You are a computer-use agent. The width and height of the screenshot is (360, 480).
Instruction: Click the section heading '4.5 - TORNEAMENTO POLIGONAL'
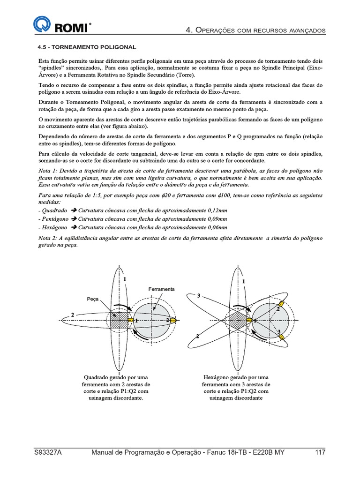(x=87, y=47)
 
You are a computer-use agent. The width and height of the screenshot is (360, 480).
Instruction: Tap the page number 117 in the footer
(x=320, y=452)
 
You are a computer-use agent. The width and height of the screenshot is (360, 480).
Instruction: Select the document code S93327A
(x=49, y=452)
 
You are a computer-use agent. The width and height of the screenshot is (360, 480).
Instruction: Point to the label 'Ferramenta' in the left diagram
(x=161, y=289)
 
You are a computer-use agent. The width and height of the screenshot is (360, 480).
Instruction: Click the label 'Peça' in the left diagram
(x=92, y=299)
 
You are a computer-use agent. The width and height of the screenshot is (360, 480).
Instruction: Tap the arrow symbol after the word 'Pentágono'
(x=74, y=218)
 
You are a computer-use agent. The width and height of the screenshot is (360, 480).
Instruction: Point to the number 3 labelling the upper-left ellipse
(x=199, y=296)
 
